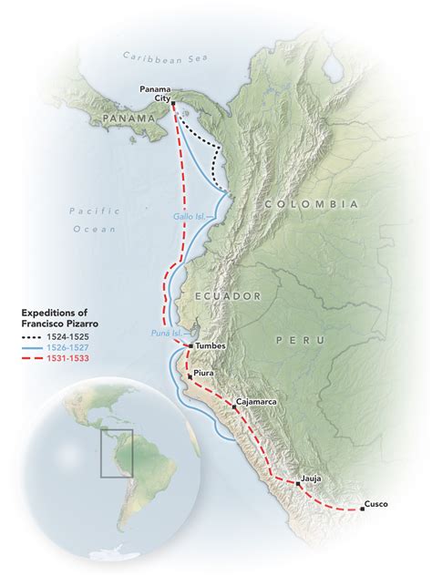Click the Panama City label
(x=156, y=93)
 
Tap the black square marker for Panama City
(x=172, y=103)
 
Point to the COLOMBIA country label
(x=311, y=204)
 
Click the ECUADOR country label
(x=227, y=296)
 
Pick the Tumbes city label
(x=211, y=346)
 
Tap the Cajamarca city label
(x=256, y=400)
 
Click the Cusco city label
(x=375, y=503)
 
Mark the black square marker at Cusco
(x=362, y=509)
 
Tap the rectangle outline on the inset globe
(x=117, y=452)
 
